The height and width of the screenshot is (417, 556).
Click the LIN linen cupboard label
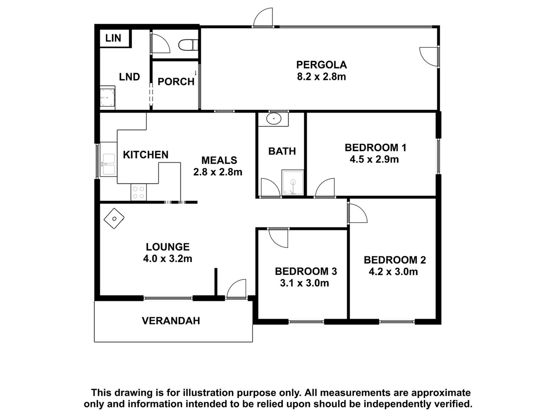point(113,38)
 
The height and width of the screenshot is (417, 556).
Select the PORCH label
point(176,82)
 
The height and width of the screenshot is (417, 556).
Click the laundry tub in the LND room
point(107,97)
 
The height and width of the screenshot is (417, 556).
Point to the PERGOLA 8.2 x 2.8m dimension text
point(321,77)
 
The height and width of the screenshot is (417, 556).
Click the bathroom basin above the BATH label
point(274,119)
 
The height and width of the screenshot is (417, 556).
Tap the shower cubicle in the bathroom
point(292,183)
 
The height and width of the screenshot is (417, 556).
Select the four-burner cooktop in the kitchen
point(139,193)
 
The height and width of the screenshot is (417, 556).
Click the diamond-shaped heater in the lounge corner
point(114,219)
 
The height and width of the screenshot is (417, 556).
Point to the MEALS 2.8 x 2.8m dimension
point(218,172)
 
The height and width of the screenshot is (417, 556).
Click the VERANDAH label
point(171,321)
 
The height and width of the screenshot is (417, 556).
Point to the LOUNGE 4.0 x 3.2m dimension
point(167,259)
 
